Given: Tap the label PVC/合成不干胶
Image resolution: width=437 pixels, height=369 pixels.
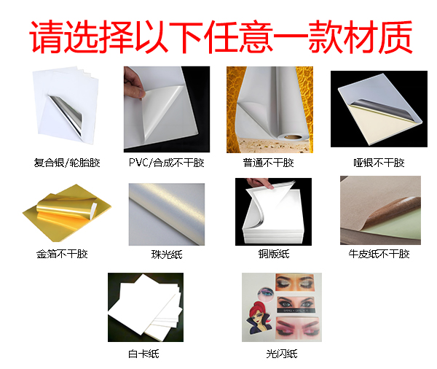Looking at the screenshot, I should pyautogui.click(x=167, y=163).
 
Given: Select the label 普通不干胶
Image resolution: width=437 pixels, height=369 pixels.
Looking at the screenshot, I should pyautogui.click(x=269, y=163).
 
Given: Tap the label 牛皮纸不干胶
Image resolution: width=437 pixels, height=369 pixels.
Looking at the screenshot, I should pyautogui.click(x=379, y=254).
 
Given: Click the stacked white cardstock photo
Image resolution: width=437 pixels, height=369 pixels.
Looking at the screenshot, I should pyautogui.click(x=143, y=310).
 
